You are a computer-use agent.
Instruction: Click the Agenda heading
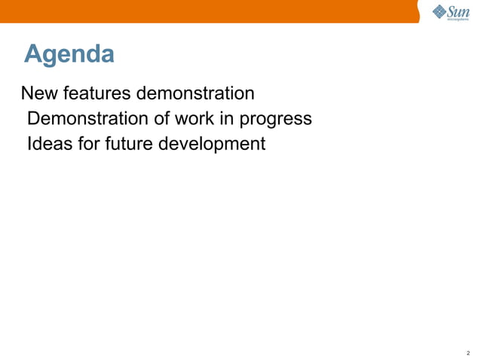pos(69,54)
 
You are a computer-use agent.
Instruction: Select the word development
pos(212,144)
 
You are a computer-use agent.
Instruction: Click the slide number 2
pos(468,352)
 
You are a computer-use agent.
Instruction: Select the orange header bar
pos(211,11)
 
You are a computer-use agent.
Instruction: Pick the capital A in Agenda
pos(32,54)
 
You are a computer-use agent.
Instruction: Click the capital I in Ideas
pos(29,143)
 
